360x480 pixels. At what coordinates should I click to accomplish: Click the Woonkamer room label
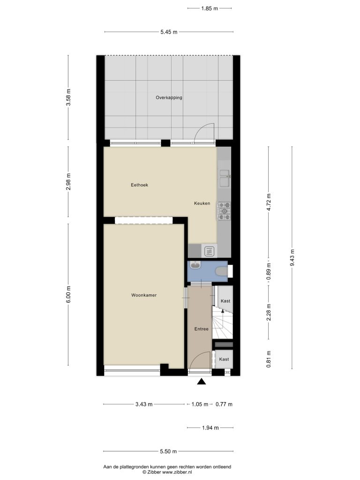coord(144,295)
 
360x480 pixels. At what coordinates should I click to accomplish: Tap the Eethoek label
coord(139,185)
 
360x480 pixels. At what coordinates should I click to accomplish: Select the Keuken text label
coord(202,203)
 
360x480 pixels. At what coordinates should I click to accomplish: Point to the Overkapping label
coord(169,97)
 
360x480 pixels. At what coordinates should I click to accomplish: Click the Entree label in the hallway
coord(202,329)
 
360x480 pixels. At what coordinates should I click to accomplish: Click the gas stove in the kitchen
coord(224,211)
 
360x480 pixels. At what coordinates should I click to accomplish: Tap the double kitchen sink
coord(225,178)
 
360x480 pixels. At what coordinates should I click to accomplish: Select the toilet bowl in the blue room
coord(222,271)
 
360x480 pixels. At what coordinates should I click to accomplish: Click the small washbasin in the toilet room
coord(195,265)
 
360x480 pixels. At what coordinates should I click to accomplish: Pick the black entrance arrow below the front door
coord(201,382)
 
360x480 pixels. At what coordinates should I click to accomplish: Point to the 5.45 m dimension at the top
coord(169,32)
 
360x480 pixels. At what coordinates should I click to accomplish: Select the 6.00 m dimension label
coord(68,294)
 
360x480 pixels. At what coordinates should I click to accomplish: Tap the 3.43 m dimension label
coord(144,405)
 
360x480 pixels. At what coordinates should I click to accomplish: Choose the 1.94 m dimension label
coord(210,427)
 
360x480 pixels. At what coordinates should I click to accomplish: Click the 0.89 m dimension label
coord(269,272)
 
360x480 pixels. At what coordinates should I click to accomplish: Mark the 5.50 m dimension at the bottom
coord(168,451)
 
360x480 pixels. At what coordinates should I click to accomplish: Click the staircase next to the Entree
coord(223,323)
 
